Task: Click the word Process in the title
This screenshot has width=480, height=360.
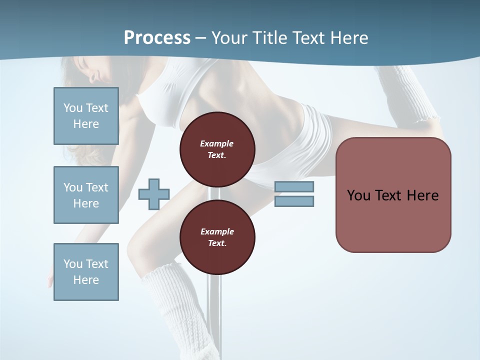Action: pyautogui.click(x=157, y=37)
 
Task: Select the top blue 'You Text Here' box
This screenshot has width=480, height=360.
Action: pyautogui.click(x=86, y=116)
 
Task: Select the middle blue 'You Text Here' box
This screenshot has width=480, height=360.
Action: pyautogui.click(x=86, y=195)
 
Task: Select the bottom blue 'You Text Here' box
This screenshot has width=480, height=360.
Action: pyautogui.click(x=86, y=271)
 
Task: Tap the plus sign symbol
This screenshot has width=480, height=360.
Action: pyautogui.click(x=154, y=194)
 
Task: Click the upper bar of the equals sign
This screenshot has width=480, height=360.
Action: pyautogui.click(x=294, y=186)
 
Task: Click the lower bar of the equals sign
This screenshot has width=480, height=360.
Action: pyautogui.click(x=294, y=201)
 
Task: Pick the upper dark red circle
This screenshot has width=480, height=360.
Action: pyautogui.click(x=217, y=149)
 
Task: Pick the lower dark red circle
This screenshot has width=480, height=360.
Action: pyautogui.click(x=217, y=237)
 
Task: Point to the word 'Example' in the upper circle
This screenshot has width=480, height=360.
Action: pyautogui.click(x=217, y=143)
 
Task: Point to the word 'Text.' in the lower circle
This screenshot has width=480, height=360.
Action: pyautogui.click(x=217, y=243)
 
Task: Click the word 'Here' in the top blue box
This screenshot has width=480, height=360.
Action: pyautogui.click(x=86, y=124)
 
